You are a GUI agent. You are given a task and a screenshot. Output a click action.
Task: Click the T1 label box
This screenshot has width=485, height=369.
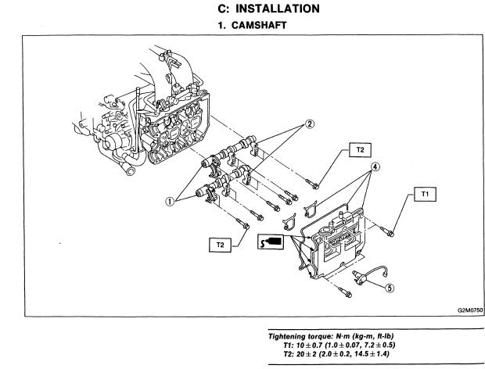[x=426, y=192]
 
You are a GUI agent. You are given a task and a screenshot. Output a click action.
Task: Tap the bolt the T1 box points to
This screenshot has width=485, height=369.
[x=391, y=231]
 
